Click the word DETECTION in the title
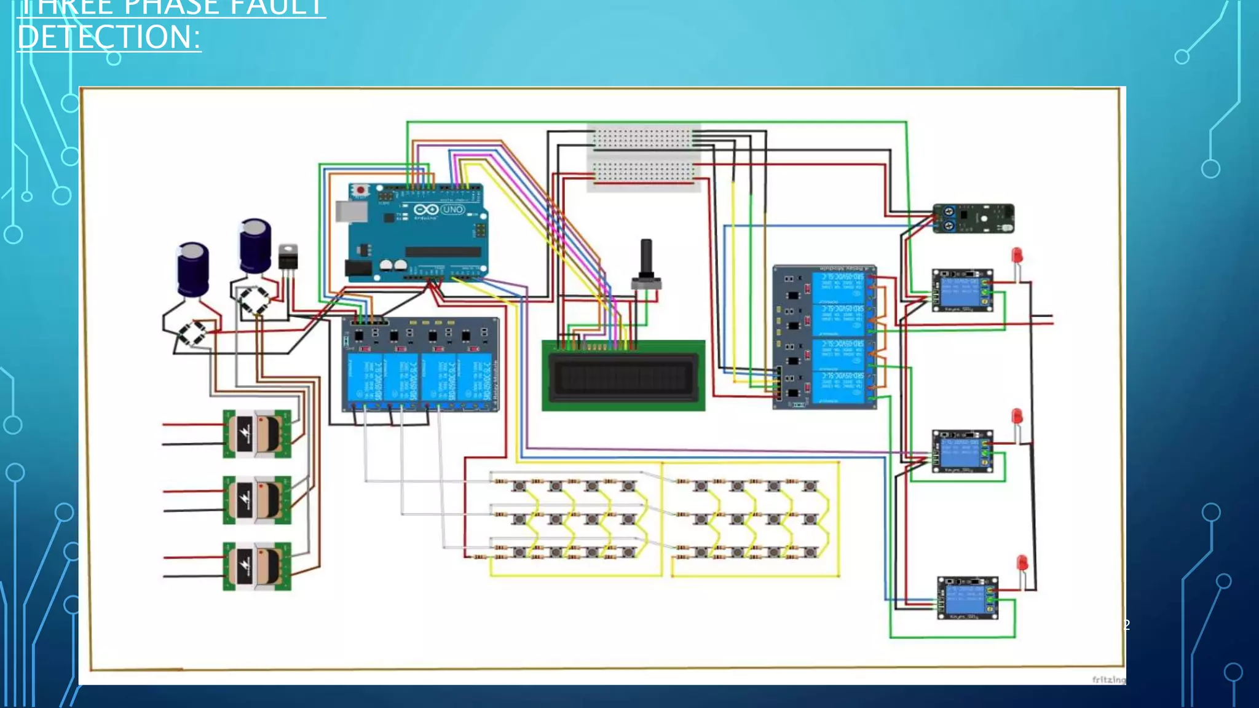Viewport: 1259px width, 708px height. (109, 37)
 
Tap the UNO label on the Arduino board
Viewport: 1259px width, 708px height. (453, 210)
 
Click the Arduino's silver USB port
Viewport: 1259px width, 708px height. (350, 211)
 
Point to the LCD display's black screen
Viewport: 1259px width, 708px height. (623, 376)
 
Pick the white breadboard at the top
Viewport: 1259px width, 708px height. (643, 157)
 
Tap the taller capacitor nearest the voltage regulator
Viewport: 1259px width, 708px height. (255, 245)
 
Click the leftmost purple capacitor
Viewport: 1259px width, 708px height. (193, 269)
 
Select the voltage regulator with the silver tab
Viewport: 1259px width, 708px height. (288, 256)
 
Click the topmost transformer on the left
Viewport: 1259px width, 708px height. (256, 434)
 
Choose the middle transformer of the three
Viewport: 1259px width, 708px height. (256, 500)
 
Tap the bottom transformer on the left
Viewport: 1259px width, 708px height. (256, 566)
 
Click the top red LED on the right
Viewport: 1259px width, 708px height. (1017, 254)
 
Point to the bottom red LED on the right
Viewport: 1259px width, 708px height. (1022, 563)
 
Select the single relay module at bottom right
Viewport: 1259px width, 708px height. (967, 598)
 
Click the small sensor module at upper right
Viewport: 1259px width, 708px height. (973, 219)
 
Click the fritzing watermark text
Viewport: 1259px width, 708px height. (1108, 679)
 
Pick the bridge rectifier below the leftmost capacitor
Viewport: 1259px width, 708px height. (192, 333)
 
